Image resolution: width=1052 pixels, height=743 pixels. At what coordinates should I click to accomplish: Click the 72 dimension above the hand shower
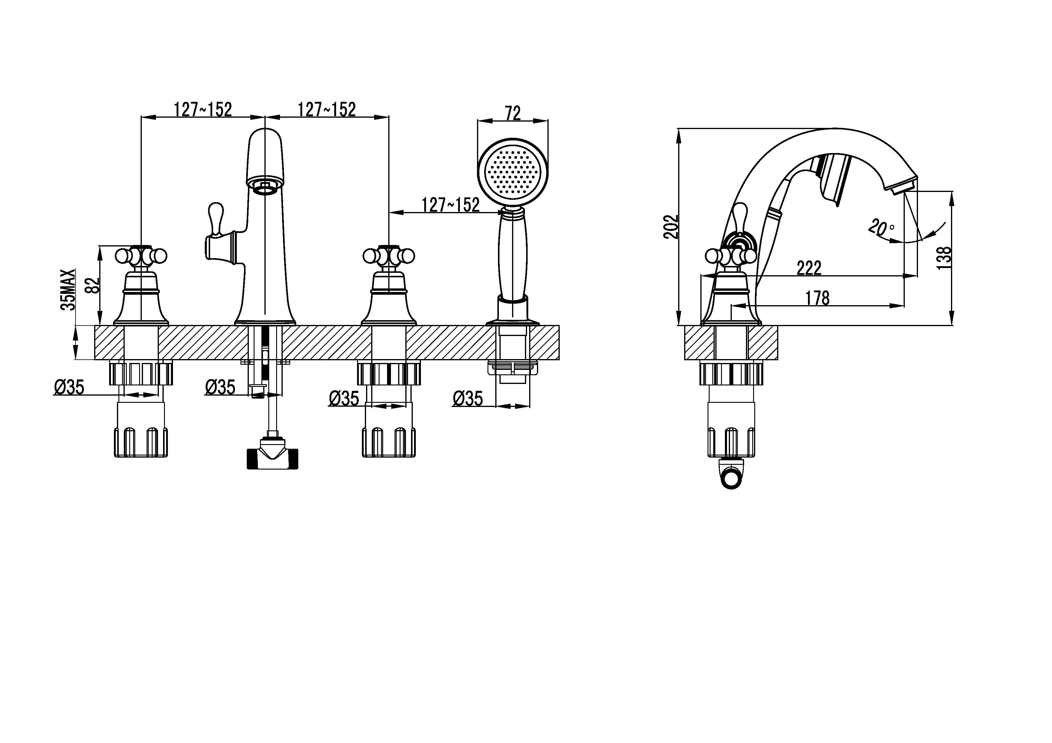pyautogui.click(x=513, y=113)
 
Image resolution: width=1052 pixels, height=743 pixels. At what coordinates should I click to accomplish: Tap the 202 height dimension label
pyautogui.click(x=671, y=227)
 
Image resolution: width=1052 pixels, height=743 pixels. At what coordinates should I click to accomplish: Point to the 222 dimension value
pyautogui.click(x=809, y=268)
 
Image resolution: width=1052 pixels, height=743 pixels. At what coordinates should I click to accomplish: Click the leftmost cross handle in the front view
pyautogui.click(x=141, y=256)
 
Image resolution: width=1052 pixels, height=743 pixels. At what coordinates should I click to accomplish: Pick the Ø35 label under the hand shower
pyautogui.click(x=468, y=398)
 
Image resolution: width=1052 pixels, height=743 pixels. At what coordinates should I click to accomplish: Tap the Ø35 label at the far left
pyautogui.click(x=69, y=387)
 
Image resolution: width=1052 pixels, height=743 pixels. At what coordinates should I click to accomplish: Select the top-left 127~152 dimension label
pyautogui.click(x=203, y=109)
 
